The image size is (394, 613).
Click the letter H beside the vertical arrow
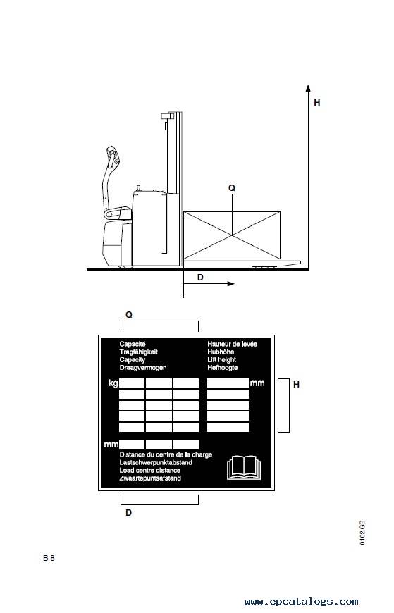click(317, 103)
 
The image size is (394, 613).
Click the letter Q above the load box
click(232, 188)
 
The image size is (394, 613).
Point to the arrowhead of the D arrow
click(231, 284)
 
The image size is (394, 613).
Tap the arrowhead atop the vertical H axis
click(308, 88)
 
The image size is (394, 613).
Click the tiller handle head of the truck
click(113, 155)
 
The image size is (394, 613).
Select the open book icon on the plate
click(243, 468)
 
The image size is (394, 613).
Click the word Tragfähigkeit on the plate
click(139, 352)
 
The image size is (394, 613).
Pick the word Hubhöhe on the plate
click(221, 352)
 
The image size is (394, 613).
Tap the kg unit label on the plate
click(113, 383)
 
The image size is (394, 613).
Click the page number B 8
click(49, 558)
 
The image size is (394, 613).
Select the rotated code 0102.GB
click(362, 533)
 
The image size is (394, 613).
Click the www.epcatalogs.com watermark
click(301, 602)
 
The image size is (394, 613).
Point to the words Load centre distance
click(150, 470)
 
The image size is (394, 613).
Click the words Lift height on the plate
click(222, 359)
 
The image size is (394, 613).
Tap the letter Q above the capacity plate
click(129, 315)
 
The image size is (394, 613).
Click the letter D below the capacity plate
click(129, 512)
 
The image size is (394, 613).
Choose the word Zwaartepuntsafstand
click(150, 478)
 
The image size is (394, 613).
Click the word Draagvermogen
click(143, 368)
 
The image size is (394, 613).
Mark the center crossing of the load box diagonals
click(232, 235)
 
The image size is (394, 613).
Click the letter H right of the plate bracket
click(296, 385)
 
